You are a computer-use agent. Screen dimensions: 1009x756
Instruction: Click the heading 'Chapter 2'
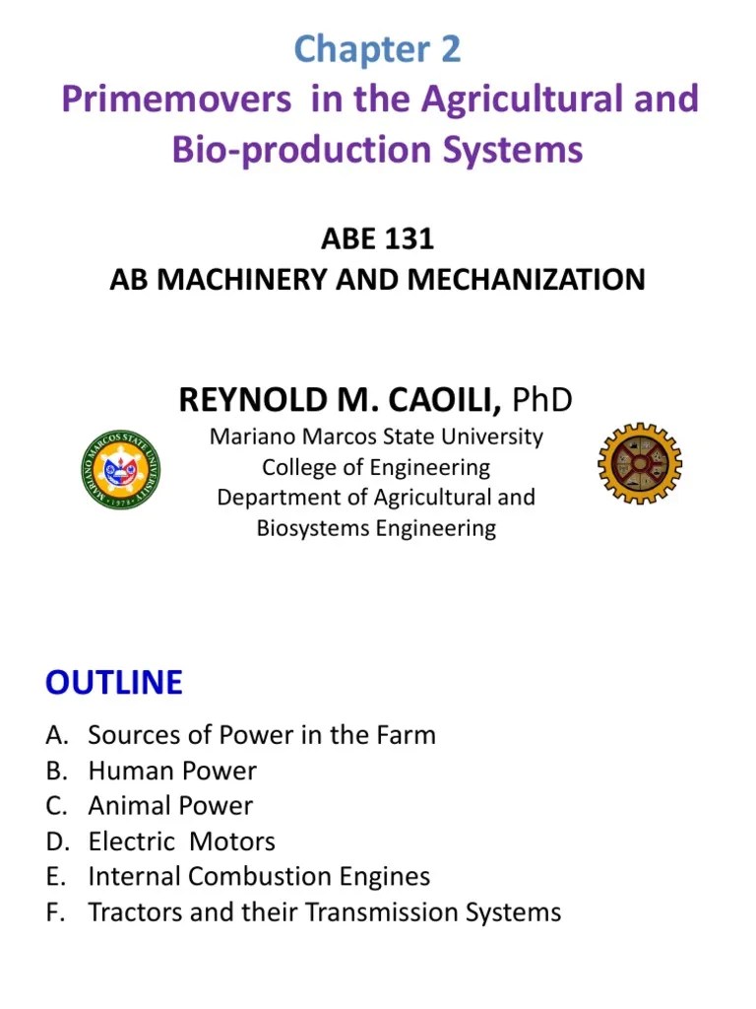point(377,50)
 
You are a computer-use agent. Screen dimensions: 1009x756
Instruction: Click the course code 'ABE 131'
point(377,239)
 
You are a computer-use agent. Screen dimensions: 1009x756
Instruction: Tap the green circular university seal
point(121,469)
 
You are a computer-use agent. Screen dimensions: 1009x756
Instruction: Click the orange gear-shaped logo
point(640,463)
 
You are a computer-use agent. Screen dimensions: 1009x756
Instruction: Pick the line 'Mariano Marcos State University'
point(376,436)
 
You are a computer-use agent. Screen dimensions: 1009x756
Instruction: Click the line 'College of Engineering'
point(376,466)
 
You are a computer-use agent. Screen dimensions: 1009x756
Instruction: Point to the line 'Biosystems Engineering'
point(376,528)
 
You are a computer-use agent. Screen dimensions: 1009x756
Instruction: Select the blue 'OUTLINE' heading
point(114,682)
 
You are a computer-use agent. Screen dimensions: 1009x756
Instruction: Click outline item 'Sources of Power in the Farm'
point(262,735)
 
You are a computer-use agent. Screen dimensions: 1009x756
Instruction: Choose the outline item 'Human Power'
point(172,771)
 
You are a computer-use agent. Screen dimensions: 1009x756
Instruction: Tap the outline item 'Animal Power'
point(170,806)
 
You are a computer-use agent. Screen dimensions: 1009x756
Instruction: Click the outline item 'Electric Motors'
point(182,841)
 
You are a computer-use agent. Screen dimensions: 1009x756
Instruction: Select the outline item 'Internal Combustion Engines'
point(260,877)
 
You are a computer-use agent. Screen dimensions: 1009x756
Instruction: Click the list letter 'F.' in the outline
point(55,912)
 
